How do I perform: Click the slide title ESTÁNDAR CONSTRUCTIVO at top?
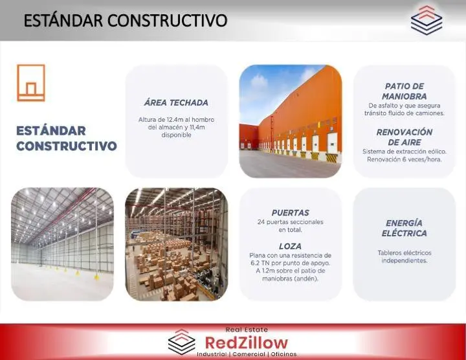coord(125,20)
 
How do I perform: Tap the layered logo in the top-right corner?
coord(427,19)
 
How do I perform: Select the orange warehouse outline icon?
coord(31,83)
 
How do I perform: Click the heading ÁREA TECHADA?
coord(176,103)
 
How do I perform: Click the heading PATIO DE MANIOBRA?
coord(404,91)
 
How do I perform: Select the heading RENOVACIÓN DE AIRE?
coord(404,137)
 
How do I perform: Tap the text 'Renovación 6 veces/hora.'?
coord(404,159)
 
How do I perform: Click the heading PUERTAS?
coord(291,213)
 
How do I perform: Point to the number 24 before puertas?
coord(261,222)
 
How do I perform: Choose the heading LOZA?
coord(291,246)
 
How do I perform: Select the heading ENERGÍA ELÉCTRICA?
coord(404,228)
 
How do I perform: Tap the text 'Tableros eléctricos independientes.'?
coord(404,257)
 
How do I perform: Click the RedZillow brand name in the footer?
coord(247,343)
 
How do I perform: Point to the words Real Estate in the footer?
coord(247,330)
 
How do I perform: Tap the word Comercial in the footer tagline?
coord(249,354)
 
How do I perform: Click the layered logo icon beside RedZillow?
coord(182,342)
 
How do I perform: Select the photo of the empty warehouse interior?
coord(62,244)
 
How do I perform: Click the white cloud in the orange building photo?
coord(258,80)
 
